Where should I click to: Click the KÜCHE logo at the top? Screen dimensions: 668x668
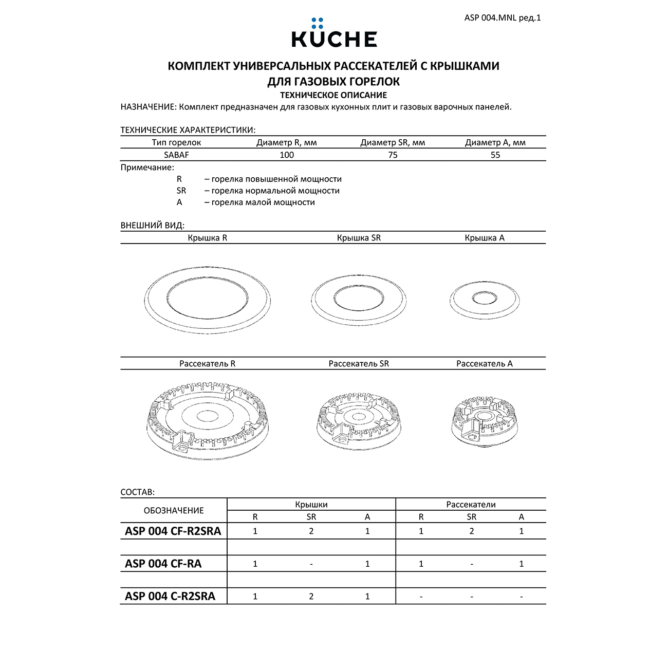334,34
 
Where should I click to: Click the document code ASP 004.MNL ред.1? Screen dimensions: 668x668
502,18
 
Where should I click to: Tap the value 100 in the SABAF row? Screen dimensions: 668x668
286,155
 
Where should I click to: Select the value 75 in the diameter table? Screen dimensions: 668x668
393,155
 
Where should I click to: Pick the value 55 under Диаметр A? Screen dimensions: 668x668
495,155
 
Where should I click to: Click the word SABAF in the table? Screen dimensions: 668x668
176,155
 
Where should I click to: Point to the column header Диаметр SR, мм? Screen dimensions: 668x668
393,143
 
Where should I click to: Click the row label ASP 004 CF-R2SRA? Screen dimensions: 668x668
173,531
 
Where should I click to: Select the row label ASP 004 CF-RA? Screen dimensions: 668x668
163,564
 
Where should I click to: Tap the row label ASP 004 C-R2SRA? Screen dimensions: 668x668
170,597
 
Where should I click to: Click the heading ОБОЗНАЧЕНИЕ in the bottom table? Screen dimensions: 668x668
174,511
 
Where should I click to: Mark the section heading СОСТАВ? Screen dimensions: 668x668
137,492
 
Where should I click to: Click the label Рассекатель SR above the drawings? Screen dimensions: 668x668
359,364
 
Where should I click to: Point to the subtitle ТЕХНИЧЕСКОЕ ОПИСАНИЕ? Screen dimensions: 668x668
333,95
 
